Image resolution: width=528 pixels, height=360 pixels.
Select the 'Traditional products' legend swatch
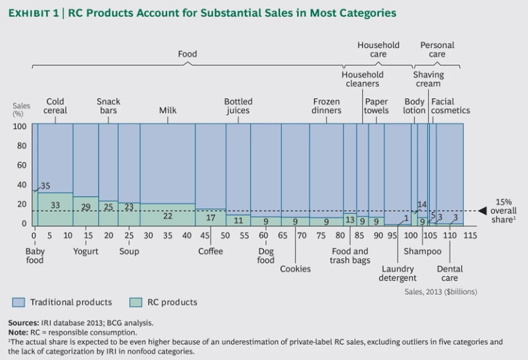18,302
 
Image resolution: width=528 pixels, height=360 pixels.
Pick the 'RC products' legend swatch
119,302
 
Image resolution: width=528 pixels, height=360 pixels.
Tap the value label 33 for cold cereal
55,205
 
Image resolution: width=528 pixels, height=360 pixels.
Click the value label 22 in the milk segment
167,216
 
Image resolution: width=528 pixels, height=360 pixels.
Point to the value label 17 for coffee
210,218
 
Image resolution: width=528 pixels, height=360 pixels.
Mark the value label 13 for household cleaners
349,220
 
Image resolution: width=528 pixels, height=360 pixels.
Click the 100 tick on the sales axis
19,126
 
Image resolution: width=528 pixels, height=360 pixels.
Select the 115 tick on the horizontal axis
470,235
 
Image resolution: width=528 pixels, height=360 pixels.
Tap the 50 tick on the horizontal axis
225,235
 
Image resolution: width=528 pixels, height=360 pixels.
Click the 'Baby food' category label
34,256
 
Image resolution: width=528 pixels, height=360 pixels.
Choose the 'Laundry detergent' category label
397,273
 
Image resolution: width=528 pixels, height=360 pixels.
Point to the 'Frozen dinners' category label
327,106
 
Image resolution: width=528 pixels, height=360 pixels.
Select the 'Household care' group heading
378,49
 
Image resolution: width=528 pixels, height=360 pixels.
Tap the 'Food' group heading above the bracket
187,54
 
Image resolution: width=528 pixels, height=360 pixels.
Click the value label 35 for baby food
45,186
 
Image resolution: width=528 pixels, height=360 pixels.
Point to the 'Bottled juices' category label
237,106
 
